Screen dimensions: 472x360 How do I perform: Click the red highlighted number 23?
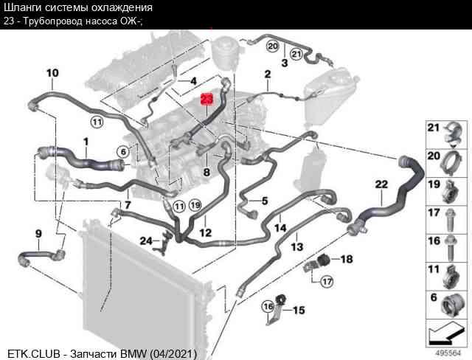click(x=206, y=99)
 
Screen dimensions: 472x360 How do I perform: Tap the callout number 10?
click(x=52, y=73)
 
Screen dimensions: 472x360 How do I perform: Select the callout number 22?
click(x=381, y=184)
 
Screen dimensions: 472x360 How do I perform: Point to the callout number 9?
click(x=38, y=234)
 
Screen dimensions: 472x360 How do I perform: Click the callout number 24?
click(x=146, y=240)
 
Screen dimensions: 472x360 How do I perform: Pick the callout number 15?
click(x=299, y=310)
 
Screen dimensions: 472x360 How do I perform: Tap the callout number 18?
click(x=347, y=259)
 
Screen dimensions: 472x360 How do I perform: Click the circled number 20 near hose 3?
click(x=272, y=46)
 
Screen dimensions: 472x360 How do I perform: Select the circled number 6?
click(x=123, y=152)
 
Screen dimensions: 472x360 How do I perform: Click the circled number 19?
click(x=195, y=205)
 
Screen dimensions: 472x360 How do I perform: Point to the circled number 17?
click(x=327, y=282)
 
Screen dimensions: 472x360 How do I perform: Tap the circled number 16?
click(x=268, y=307)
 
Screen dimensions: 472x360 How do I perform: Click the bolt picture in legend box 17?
click(x=451, y=221)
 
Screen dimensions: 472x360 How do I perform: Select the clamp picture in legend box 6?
click(x=451, y=305)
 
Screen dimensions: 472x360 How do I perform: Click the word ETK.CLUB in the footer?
click(x=34, y=353)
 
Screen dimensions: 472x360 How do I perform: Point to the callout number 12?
click(x=206, y=232)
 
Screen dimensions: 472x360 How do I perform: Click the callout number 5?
click(x=265, y=201)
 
